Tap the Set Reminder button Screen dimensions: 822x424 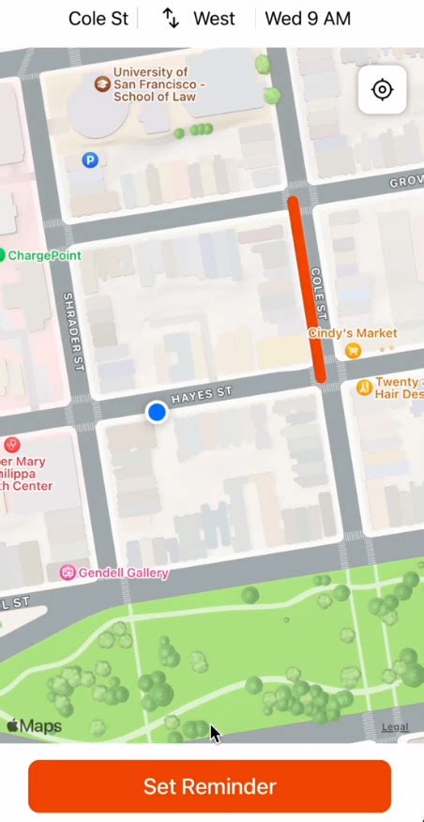point(209,786)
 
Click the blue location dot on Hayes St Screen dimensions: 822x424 point(157,412)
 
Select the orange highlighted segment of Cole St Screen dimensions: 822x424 point(306,288)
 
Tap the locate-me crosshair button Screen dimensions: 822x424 point(382,90)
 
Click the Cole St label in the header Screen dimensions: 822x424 point(98,19)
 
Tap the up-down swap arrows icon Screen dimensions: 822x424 point(171,19)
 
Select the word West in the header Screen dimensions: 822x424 point(215,19)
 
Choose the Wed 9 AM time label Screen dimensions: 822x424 point(308,19)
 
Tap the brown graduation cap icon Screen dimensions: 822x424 point(101,84)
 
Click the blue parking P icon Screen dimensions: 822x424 point(90,160)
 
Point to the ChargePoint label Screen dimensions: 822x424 point(44,255)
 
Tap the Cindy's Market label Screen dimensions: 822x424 point(353,333)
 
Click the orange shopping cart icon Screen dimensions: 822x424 point(353,351)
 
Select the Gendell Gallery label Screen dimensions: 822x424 point(125,572)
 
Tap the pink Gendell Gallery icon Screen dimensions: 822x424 point(68,572)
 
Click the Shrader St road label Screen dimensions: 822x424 point(73,331)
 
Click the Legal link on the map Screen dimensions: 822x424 point(395,727)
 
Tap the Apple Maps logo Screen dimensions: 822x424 point(34,726)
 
